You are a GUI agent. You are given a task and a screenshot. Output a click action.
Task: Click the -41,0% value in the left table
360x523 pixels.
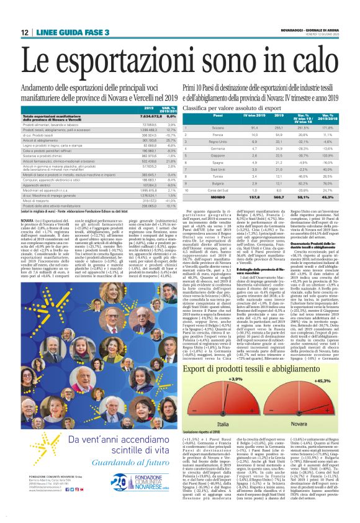(154, 201)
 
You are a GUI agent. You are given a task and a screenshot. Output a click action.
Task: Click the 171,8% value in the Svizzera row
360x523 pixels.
(328, 127)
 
